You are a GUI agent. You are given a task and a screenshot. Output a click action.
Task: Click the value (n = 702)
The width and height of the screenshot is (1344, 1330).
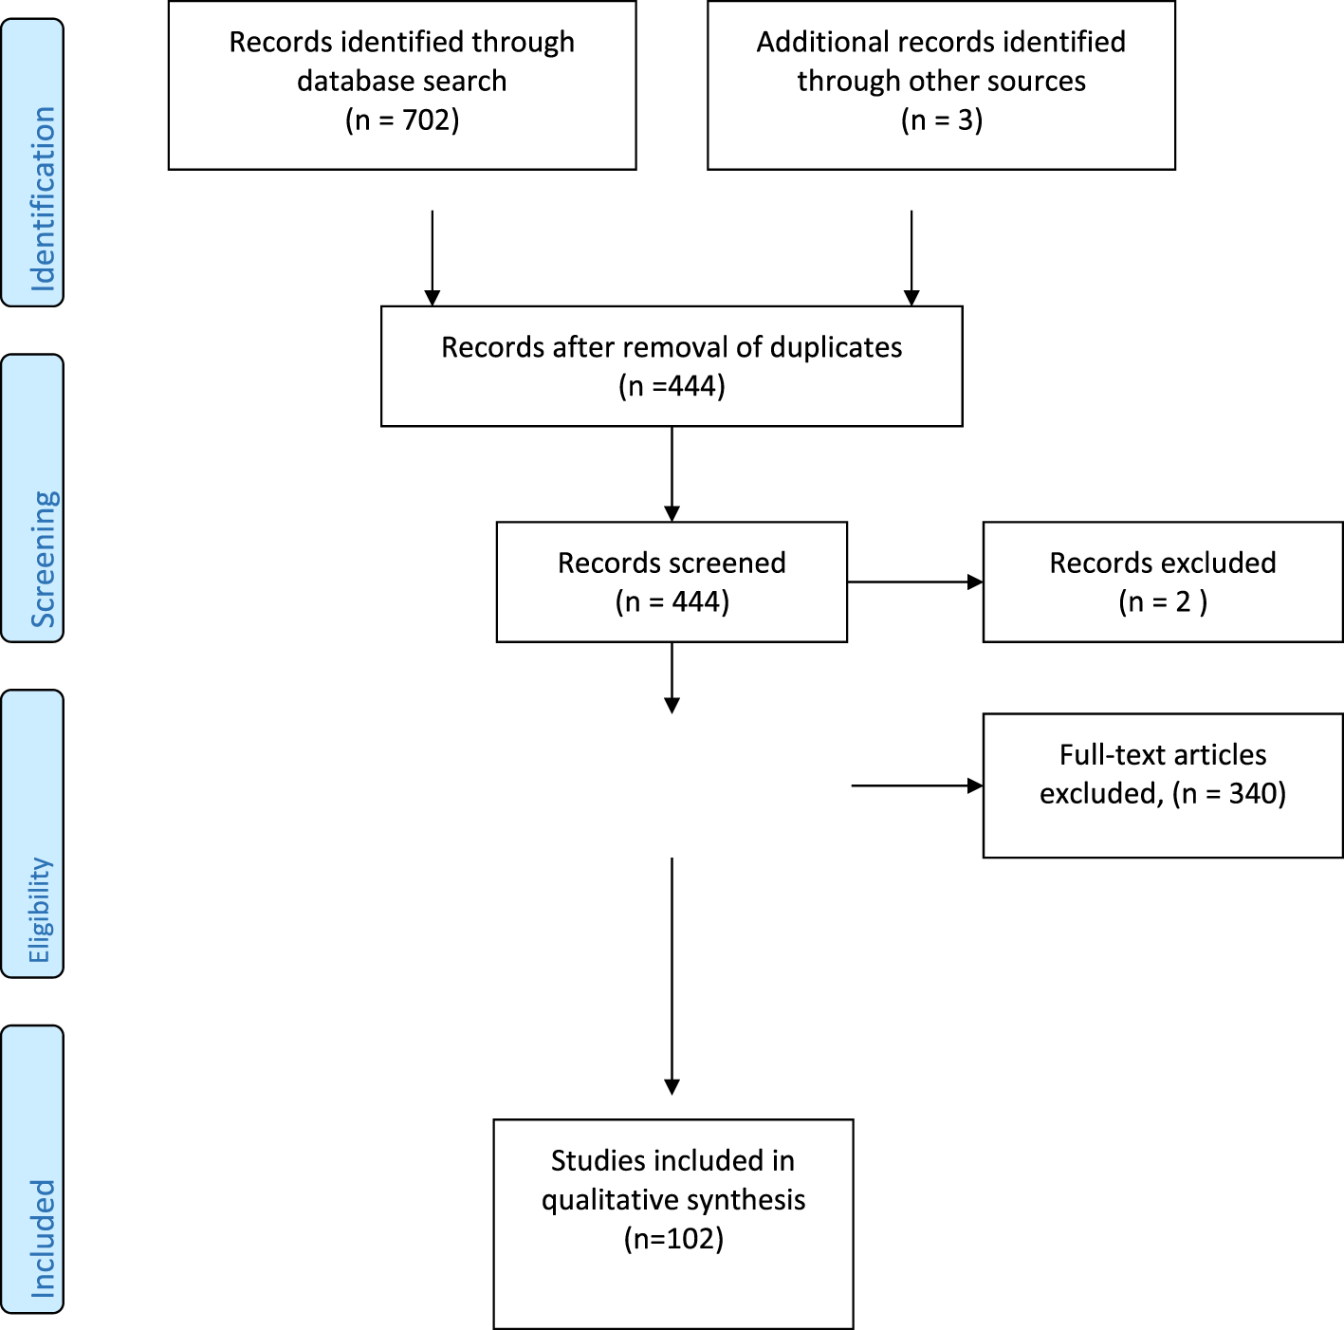tap(402, 120)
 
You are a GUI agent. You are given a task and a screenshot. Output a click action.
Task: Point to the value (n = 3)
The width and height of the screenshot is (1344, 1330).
tap(941, 120)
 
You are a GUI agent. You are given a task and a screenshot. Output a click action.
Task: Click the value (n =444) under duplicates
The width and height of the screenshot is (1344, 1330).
tap(672, 387)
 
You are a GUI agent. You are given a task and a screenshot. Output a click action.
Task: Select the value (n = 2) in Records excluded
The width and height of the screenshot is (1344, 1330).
tap(1163, 602)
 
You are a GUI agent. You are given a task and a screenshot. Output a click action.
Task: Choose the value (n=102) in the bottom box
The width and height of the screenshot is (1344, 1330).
tap(673, 1239)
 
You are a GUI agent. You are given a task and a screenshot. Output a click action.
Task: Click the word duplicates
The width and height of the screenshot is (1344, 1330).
tap(836, 347)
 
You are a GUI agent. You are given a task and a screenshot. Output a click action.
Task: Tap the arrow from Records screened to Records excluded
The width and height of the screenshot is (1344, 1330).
tap(914, 582)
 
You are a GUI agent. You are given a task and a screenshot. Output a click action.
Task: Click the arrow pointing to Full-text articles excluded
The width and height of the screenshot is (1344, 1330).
tap(916, 785)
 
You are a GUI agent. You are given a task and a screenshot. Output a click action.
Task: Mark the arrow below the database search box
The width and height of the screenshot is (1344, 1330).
tap(433, 257)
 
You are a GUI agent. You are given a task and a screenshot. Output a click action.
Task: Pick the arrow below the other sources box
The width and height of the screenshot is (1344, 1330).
tap(911, 257)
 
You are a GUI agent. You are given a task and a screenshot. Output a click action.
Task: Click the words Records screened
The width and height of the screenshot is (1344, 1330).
tap(672, 563)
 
